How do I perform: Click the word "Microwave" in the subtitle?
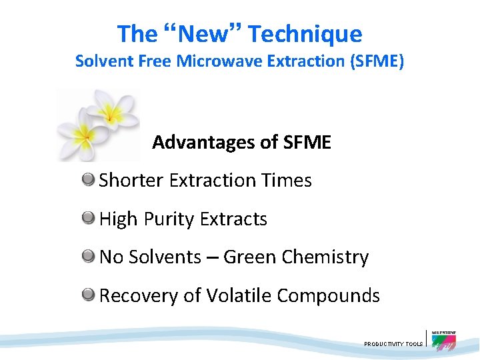(x=225, y=61)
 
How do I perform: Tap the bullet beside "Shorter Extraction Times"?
(x=88, y=179)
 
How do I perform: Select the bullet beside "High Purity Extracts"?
(x=88, y=217)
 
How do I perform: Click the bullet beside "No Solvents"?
(x=88, y=255)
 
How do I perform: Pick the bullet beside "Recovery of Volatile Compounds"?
(x=88, y=294)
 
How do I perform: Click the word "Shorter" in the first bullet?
(x=131, y=180)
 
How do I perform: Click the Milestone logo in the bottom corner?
(x=443, y=340)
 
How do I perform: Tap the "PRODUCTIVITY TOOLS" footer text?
(x=393, y=344)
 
